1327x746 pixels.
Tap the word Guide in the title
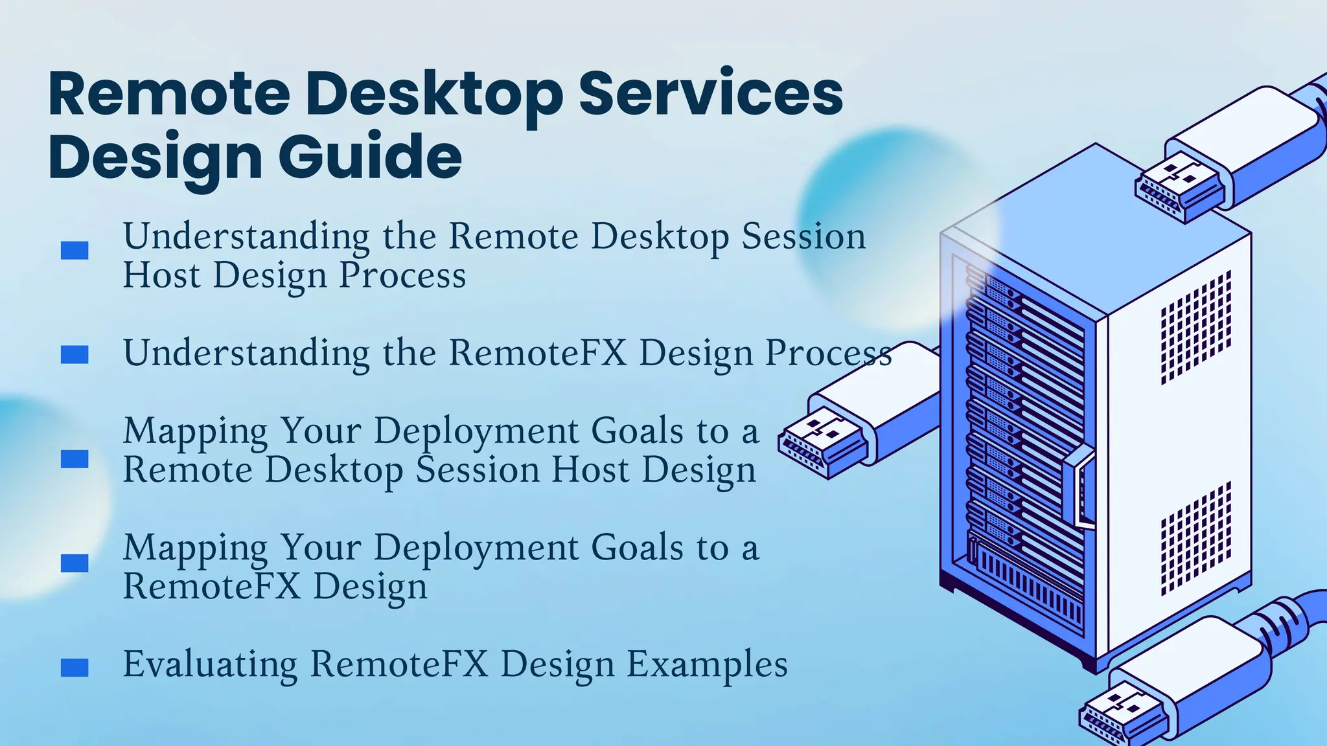(371, 157)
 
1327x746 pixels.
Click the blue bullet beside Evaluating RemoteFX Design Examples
(75, 668)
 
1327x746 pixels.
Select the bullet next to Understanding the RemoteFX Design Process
(75, 355)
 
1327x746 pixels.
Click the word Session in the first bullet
(803, 237)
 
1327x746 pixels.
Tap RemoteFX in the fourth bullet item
(211, 587)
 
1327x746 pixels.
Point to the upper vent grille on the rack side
(1195, 327)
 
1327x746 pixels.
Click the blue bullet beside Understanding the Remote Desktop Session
(75, 251)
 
